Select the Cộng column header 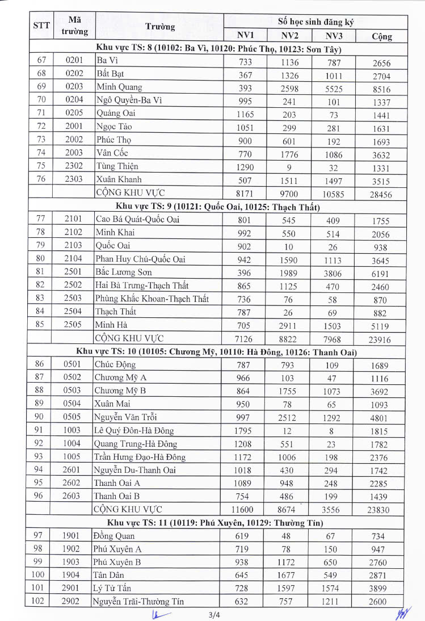381,36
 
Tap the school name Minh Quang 119,87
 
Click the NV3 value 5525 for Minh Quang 334,89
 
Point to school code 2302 74,166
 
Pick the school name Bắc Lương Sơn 123,272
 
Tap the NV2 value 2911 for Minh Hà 289,326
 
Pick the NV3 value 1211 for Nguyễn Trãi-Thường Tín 334,601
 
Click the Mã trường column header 74,26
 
